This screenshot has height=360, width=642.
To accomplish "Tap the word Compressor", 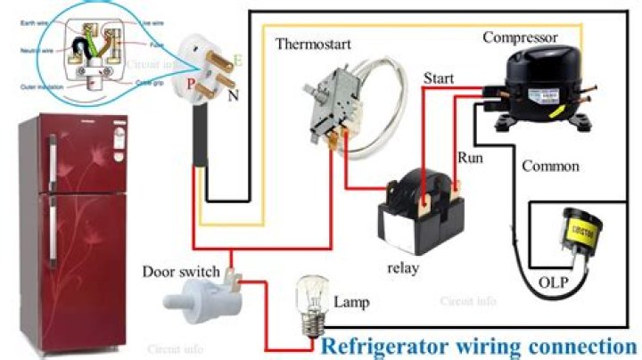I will (x=520, y=37).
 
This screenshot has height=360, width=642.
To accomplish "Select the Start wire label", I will (x=439, y=78).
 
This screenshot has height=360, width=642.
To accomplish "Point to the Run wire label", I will (x=470, y=157).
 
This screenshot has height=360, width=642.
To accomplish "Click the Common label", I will (x=550, y=166).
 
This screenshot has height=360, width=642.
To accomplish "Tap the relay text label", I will (x=404, y=266).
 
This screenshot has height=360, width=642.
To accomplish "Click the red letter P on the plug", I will (x=190, y=84).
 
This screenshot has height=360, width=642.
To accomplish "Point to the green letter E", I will (x=237, y=61).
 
